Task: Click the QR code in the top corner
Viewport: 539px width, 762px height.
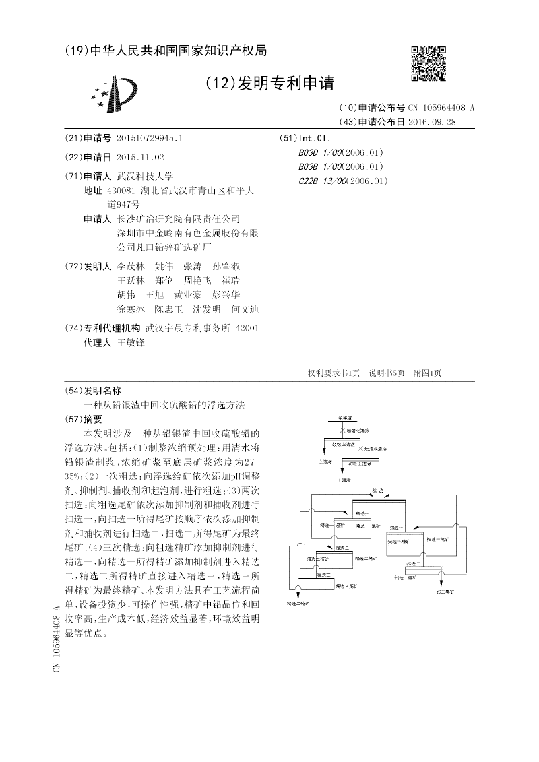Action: (x=429, y=65)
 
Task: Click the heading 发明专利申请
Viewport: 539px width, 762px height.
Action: (x=269, y=84)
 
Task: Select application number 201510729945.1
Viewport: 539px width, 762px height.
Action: (x=149, y=138)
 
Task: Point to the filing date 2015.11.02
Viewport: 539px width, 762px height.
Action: (x=139, y=156)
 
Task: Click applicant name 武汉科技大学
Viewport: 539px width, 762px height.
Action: (x=145, y=176)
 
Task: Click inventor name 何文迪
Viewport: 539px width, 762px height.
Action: (x=245, y=309)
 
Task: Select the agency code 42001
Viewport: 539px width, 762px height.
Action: (x=247, y=328)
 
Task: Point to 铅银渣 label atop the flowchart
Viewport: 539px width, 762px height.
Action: (x=344, y=418)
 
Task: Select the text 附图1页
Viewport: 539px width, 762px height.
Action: (x=427, y=373)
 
